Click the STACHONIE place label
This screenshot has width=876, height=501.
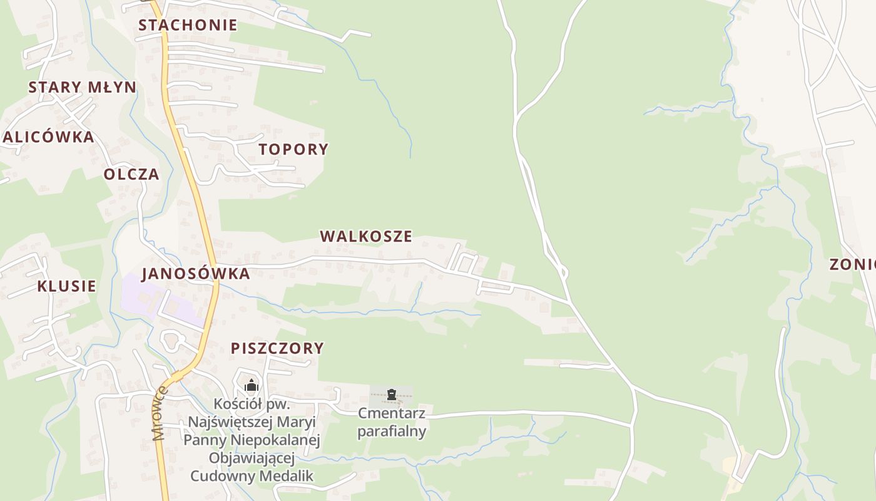tap(188, 25)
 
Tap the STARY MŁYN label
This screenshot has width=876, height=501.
tap(82, 87)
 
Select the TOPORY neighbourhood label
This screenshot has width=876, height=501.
tap(293, 149)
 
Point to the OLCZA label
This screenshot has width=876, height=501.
tap(131, 174)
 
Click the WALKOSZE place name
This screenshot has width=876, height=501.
tap(366, 236)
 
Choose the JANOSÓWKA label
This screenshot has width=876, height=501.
tap(196, 274)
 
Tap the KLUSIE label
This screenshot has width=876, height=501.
tap(66, 286)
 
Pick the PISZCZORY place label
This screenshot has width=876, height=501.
tap(277, 348)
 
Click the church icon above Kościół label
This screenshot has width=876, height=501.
tap(252, 385)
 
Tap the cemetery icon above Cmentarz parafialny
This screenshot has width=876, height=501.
tap(392, 395)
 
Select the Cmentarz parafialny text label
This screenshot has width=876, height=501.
tap(392, 422)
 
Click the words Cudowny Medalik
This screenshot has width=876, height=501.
tap(252, 476)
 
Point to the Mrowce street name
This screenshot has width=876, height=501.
tap(160, 413)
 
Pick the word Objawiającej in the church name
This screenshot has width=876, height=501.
tap(252, 458)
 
